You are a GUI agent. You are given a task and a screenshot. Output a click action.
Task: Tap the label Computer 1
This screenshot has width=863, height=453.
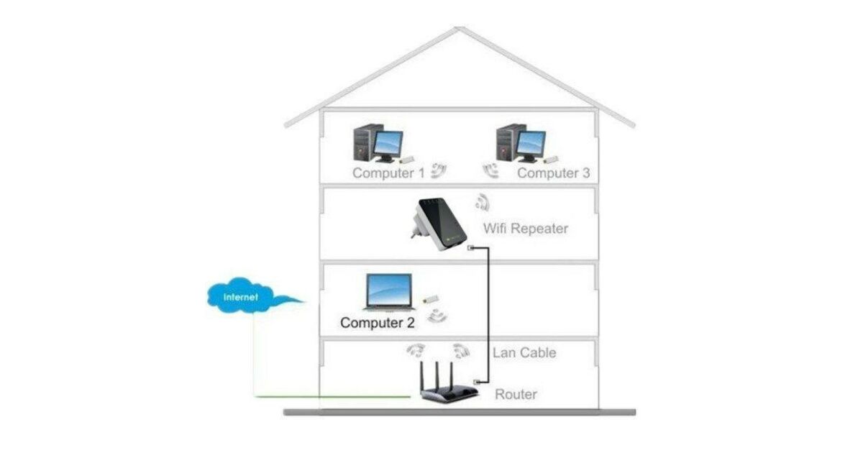(388, 173)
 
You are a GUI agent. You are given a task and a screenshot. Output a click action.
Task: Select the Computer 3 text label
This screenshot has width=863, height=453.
(553, 173)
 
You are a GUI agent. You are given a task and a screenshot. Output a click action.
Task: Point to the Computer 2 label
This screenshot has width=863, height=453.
(378, 323)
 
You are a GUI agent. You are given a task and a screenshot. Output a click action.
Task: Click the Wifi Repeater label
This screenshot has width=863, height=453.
(525, 229)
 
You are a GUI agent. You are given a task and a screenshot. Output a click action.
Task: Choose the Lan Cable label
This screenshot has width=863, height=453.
(524, 353)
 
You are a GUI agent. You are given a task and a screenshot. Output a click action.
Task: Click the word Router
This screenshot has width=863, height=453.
(516, 394)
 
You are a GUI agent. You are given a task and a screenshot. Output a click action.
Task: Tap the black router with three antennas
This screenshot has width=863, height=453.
(449, 392)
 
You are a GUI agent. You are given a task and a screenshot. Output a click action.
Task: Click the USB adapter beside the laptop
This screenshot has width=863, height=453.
(430, 299)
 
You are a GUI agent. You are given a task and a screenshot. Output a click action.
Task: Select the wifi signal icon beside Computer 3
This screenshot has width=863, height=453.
(492, 170)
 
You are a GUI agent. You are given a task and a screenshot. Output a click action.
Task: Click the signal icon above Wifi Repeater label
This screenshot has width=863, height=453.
(482, 202)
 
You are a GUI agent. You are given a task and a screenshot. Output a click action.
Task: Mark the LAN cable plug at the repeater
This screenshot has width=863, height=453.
(470, 248)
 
